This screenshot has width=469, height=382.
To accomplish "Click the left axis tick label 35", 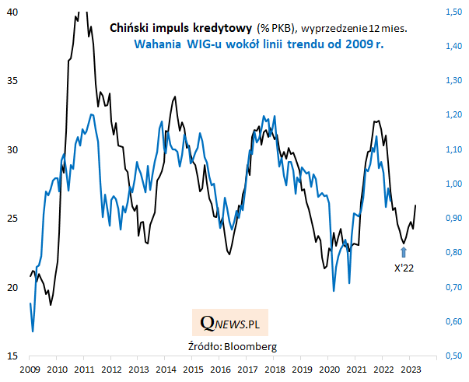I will [14, 81].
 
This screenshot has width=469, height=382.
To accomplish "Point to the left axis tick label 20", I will [14, 287].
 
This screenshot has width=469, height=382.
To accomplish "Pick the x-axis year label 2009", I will [30, 368].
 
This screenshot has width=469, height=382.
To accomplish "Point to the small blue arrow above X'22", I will [404, 251].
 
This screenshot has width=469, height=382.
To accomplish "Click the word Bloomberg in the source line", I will [253, 345].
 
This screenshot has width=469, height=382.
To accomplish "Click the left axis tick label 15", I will [14, 356].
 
